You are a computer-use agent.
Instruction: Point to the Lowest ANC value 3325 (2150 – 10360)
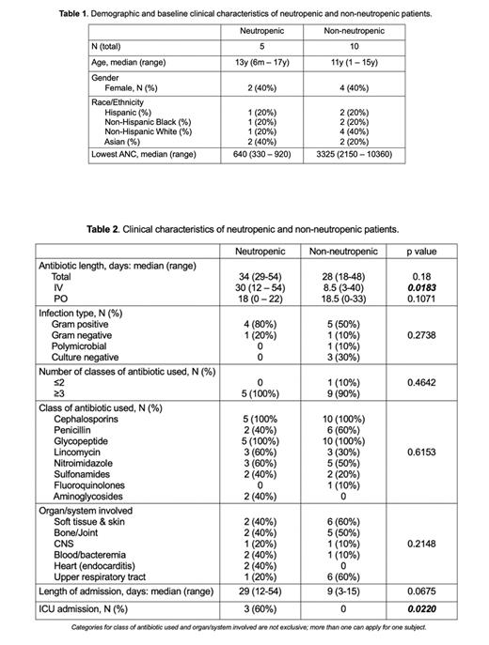(x=356, y=154)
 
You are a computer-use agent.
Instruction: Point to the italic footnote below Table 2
(x=243, y=626)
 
